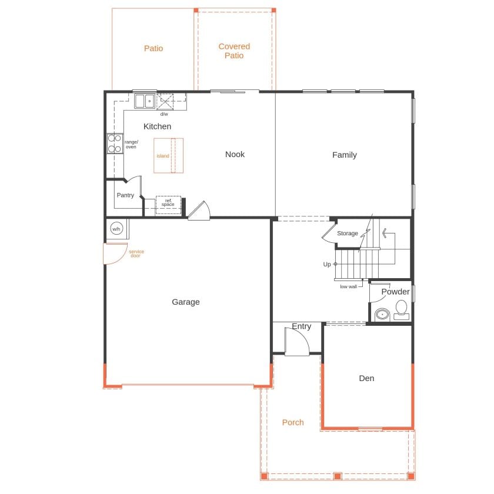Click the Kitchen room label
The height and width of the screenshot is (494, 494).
click(x=157, y=126)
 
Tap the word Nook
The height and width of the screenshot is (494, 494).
click(x=235, y=154)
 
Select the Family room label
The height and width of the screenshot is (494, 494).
click(x=345, y=155)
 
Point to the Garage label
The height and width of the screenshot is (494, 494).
click(x=186, y=302)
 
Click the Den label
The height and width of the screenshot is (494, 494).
click(x=366, y=378)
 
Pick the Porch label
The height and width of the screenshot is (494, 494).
click(x=293, y=422)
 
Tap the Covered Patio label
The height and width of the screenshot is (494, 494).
click(x=234, y=51)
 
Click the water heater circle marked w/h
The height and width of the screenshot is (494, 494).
click(x=116, y=229)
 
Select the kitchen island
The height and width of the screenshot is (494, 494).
click(x=169, y=156)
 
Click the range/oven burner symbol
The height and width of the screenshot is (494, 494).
click(x=115, y=143)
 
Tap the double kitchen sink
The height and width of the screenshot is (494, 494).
click(x=145, y=101)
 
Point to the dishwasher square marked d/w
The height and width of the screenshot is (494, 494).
click(x=165, y=101)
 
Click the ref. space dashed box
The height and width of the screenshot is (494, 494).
click(x=168, y=205)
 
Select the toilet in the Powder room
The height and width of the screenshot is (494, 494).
click(x=401, y=310)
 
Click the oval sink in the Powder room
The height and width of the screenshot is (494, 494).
click(x=382, y=315)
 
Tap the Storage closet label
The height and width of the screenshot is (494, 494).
click(x=348, y=233)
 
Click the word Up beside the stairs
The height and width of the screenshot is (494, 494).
click(x=327, y=264)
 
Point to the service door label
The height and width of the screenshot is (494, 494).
click(x=136, y=253)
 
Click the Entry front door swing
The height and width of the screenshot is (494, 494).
click(x=297, y=342)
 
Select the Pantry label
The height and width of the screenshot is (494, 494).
click(x=125, y=195)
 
